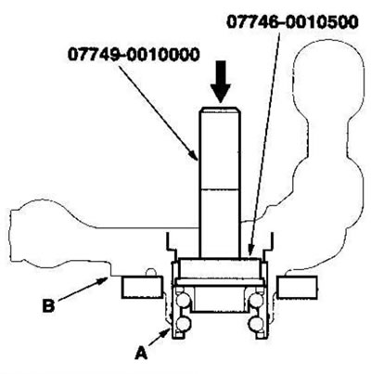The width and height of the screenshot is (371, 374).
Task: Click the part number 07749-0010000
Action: [134, 55]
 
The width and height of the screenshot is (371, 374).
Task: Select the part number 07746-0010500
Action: [293, 22]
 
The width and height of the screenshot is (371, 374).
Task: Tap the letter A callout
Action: [141, 354]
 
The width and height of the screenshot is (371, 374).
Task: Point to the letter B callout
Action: [48, 305]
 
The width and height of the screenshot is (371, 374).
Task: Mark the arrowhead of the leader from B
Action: [104, 280]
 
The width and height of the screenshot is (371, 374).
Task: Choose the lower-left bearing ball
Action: [183, 324]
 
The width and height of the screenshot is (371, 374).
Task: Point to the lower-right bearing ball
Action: [256, 324]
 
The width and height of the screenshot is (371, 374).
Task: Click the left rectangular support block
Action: [143, 288]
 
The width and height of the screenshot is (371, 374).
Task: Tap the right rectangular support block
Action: [297, 288]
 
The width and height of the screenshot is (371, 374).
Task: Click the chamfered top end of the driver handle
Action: [220, 110]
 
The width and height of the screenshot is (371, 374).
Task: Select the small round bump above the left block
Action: [150, 272]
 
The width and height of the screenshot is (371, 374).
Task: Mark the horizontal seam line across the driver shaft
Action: [220, 188]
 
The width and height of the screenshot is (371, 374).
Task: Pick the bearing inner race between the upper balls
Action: [220, 299]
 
